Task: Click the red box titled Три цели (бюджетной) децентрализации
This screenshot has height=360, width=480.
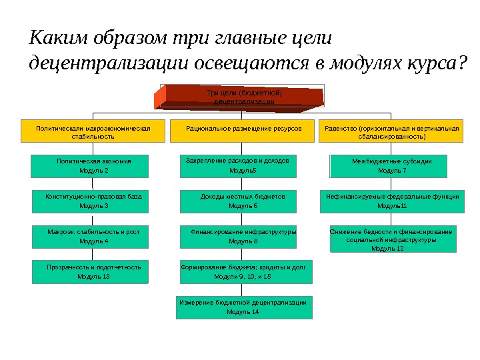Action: [244, 97]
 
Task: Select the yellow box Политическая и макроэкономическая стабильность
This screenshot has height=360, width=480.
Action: [93, 131]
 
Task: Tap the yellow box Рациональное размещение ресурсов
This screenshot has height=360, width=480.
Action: [243, 131]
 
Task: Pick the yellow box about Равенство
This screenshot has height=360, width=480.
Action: [391, 131]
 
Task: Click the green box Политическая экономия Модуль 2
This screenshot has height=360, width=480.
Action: [93, 166]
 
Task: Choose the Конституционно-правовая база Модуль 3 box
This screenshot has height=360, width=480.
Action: [93, 201]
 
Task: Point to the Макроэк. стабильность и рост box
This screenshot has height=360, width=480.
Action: [93, 237]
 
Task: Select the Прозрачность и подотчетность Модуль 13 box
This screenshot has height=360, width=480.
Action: [93, 272]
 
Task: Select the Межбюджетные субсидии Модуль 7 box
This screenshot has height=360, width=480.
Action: [391, 166]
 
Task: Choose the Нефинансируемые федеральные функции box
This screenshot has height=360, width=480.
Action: [391, 201]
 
